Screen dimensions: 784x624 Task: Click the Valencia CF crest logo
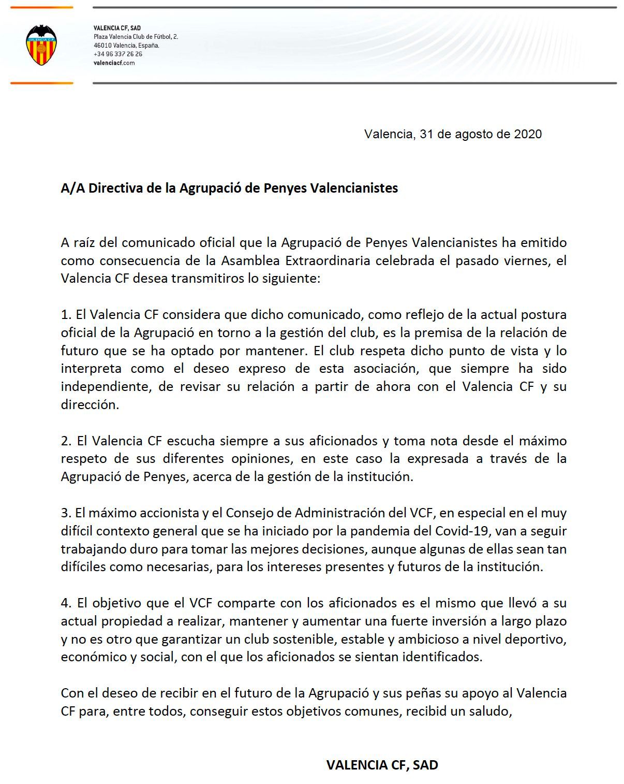click(41, 45)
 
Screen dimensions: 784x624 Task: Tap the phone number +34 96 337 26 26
click(117, 54)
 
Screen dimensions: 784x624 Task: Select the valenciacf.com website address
click(114, 63)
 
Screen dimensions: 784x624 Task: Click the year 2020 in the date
click(527, 134)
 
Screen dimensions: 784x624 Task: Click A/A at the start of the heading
click(72, 188)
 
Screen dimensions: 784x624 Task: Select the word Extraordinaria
click(319, 260)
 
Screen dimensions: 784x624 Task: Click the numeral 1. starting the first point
click(66, 315)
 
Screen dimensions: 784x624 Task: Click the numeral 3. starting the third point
click(66, 513)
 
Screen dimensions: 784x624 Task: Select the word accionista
click(168, 513)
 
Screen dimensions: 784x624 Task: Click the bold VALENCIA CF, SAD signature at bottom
click(382, 765)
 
